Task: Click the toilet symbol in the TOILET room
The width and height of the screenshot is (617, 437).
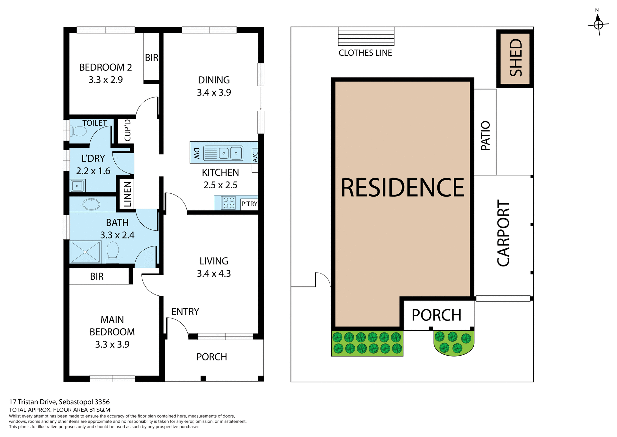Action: [79, 131]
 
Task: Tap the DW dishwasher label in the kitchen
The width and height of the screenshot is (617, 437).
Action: [197, 153]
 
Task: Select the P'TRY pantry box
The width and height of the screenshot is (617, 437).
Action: [249, 204]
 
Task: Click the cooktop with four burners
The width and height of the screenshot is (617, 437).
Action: [228, 203]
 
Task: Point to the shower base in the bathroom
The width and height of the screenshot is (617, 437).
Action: [85, 252]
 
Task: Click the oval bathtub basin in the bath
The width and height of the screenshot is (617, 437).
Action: [92, 204]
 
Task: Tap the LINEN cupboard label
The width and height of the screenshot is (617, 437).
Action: [127, 194]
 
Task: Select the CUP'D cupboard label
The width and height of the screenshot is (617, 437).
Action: [127, 130]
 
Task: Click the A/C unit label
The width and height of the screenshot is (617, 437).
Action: [255, 157]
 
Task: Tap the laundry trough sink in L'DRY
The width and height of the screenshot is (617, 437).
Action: [77, 186]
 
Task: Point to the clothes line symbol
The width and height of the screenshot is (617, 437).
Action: [366, 36]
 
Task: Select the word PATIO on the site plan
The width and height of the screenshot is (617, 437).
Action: [485, 135]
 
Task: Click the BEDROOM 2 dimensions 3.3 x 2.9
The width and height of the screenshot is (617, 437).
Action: [106, 79]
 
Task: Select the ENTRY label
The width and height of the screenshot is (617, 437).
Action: [185, 311]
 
